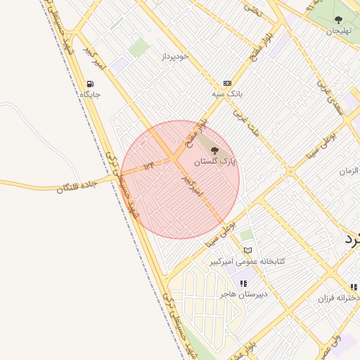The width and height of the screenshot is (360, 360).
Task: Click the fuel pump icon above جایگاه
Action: tap(90, 83)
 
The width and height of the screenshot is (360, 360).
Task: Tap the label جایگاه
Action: tap(90, 94)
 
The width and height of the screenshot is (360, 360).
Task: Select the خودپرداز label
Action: tap(176, 56)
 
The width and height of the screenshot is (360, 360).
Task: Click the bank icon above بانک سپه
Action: tap(227, 82)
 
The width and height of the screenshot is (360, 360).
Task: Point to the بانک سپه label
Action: tap(227, 94)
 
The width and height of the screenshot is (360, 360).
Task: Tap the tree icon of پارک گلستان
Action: tap(214, 150)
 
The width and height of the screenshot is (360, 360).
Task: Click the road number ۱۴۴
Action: tap(148, 166)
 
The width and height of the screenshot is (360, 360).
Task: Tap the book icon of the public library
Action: tap(247, 250)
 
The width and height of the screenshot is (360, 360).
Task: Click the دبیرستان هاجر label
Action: tap(244, 295)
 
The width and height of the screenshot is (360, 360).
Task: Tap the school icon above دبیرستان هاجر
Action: tap(244, 283)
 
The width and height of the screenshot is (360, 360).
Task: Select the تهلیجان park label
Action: tap(339, 32)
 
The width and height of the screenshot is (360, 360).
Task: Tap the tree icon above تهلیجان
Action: tap(339, 20)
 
